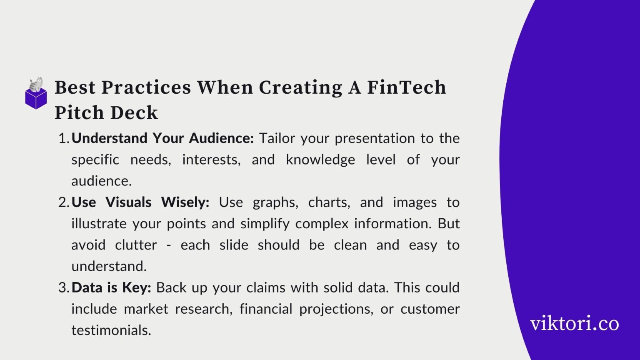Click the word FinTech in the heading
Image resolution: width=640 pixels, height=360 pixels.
406,87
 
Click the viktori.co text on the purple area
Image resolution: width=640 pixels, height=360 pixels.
574,324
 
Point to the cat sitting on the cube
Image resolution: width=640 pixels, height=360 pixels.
36,84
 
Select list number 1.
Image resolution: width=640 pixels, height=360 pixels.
63,138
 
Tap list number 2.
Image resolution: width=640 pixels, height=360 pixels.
63,202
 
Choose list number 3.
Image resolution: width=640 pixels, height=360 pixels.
63,287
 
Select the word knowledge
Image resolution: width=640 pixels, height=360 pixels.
320,160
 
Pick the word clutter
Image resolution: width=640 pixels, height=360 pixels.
136,245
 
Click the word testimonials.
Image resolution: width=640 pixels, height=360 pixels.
111,330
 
